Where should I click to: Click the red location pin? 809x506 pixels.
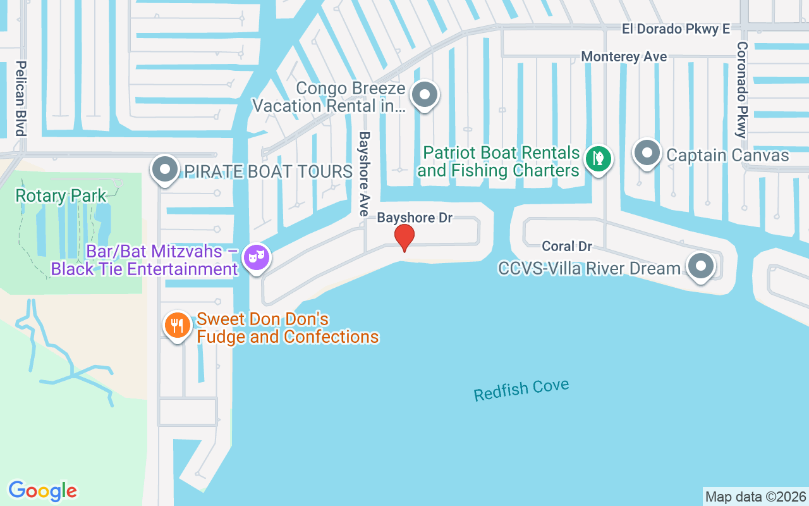[404, 237]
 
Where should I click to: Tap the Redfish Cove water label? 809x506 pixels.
[521, 390]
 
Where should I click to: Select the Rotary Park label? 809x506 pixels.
[61, 195]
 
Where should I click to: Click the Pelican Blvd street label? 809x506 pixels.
[21, 98]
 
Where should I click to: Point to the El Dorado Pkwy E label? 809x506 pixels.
[676, 29]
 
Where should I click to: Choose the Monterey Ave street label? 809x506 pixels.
[624, 56]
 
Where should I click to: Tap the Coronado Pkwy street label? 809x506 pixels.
[741, 90]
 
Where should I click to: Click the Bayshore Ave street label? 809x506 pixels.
[364, 174]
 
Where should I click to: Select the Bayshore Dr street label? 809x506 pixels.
[415, 218]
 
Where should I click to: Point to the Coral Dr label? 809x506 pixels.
[567, 246]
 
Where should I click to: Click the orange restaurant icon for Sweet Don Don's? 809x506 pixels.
[178, 326]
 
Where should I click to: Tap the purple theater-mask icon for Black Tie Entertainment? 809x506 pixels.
[256, 257]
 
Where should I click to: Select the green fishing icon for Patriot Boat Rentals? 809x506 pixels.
[598, 157]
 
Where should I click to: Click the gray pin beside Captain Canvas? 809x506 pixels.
[647, 153]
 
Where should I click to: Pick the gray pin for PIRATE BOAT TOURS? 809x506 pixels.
[166, 170]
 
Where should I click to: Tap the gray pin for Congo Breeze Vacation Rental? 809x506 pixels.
[425, 96]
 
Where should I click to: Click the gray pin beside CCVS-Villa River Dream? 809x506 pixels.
[700, 266]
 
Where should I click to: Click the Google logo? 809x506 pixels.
[43, 491]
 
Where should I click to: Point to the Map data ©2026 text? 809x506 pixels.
[755, 497]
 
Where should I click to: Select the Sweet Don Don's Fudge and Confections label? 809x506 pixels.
[288, 328]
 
